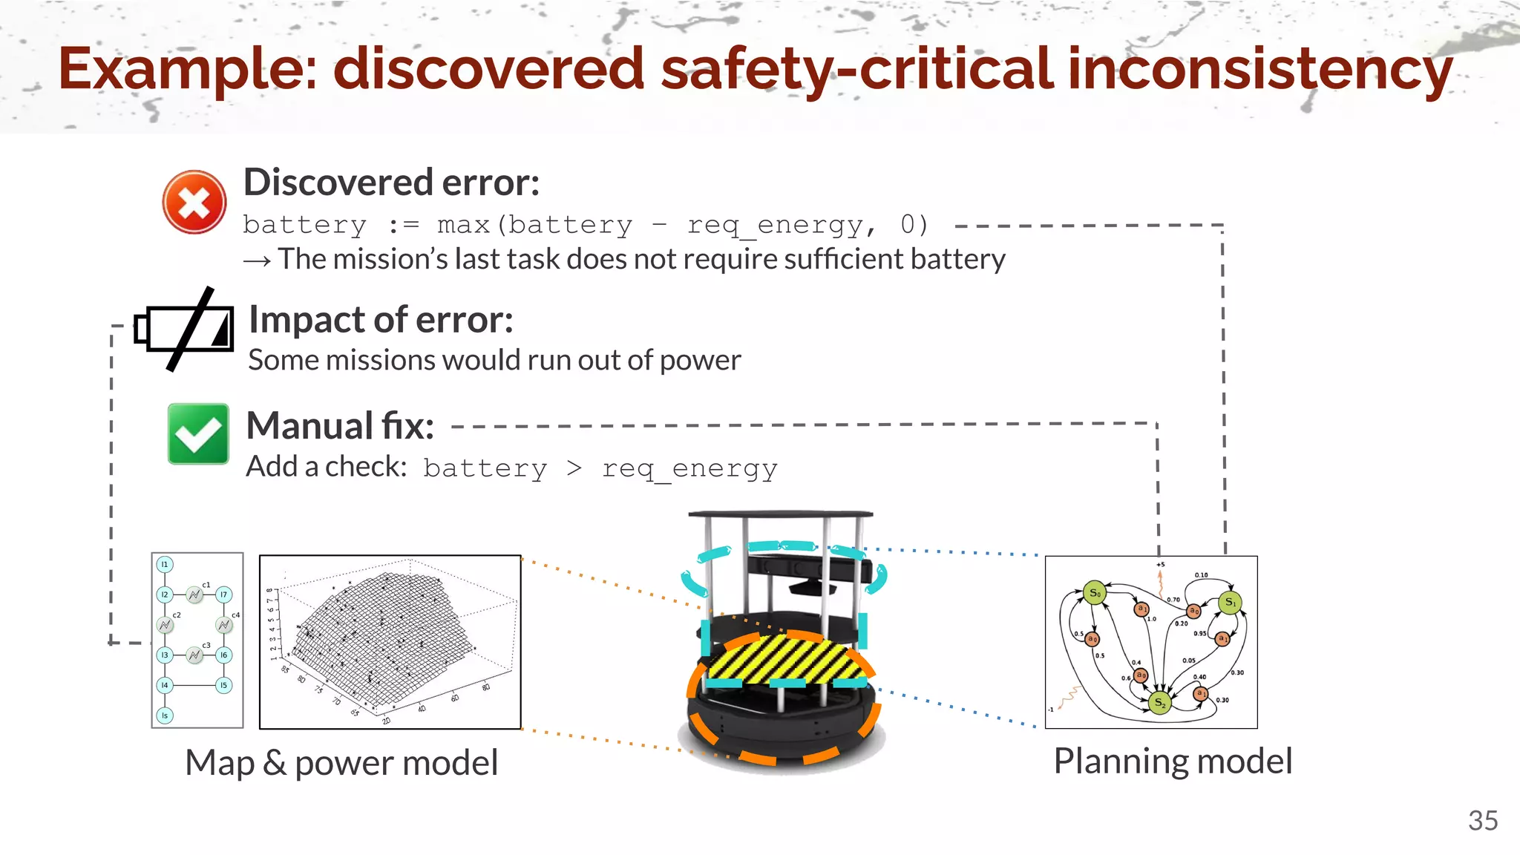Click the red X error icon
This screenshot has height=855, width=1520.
[194, 202]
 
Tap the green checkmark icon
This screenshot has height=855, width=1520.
[198, 434]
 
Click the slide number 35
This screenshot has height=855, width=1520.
[1482, 821]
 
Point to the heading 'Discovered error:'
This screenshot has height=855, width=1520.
[391, 183]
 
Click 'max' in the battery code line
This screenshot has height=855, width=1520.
[463, 225]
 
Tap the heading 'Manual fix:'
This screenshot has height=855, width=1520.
[340, 426]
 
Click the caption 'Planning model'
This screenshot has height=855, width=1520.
[1173, 761]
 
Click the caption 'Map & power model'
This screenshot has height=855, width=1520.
[341, 763]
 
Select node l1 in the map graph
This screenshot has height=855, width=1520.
[165, 565]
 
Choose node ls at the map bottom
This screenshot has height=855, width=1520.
[165, 715]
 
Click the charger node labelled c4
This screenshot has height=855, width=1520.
[224, 625]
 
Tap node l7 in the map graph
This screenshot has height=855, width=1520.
[223, 594]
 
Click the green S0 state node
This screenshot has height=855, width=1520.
[1095, 593]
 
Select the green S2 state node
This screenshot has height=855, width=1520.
[1159, 702]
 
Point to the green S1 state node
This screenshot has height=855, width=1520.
[1230, 602]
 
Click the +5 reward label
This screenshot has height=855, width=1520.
[1160, 565]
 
